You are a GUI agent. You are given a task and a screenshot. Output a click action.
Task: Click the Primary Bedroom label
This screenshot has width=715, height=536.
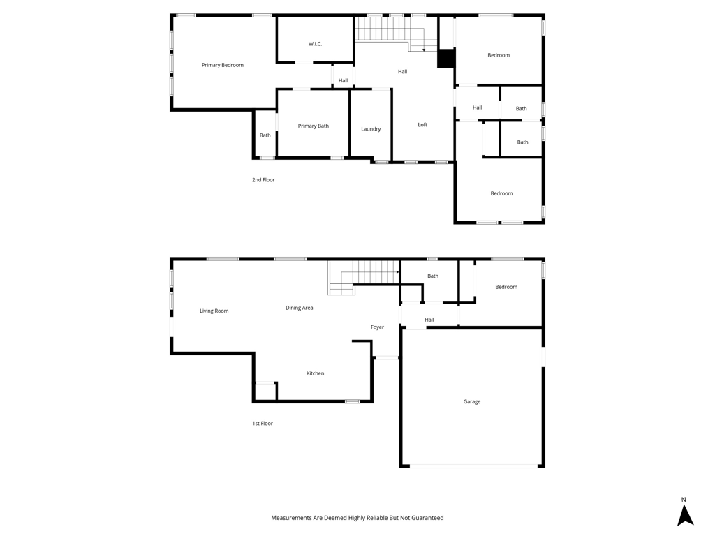tap(223, 65)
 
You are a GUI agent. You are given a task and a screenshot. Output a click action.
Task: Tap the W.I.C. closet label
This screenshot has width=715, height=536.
tap(315, 44)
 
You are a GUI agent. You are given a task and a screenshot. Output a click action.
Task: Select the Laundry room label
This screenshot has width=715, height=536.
tap(371, 129)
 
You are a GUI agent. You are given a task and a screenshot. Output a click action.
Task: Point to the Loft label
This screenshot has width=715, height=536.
tap(422, 124)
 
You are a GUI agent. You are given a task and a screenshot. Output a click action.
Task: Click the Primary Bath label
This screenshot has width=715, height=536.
tap(314, 126)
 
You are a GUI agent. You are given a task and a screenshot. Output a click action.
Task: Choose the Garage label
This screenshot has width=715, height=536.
tap(472, 401)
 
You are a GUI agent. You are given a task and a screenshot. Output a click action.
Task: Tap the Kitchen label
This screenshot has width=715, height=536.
tap(315, 373)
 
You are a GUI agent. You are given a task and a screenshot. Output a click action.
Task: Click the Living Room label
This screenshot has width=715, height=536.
tap(214, 311)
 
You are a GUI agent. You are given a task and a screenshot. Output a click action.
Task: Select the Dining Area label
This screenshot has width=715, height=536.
tap(299, 308)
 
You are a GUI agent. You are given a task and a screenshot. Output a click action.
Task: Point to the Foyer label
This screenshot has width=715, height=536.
tap(377, 327)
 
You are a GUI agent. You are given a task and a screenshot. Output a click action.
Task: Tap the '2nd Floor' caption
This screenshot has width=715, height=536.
tap(263, 180)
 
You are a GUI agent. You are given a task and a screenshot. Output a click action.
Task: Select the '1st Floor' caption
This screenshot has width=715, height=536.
tap(263, 424)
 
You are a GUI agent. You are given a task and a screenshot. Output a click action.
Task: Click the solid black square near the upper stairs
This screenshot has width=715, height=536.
tap(446, 59)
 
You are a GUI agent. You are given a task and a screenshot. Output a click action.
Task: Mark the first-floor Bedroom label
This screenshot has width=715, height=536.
tap(506, 287)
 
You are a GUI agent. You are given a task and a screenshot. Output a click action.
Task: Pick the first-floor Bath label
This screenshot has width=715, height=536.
tap(433, 276)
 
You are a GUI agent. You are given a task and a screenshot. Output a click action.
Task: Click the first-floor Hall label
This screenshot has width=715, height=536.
tap(429, 320)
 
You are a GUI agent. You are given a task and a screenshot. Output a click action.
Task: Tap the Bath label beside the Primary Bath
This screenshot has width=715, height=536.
tap(265, 135)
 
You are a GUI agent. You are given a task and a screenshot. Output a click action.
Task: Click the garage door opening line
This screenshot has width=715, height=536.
tap(473, 466)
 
